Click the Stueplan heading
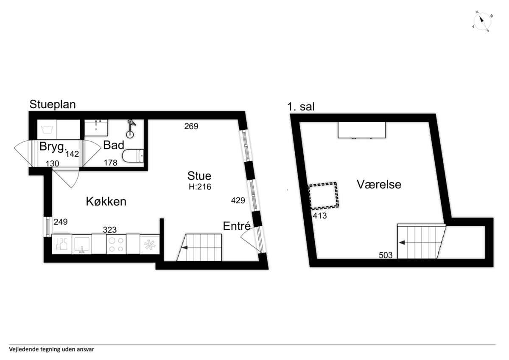(53, 104)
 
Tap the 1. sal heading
(301, 107)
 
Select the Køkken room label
(106, 202)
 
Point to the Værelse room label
(379, 184)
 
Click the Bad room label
(114, 145)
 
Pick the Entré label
(237, 226)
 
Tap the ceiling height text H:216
(200, 187)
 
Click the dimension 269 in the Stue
(191, 126)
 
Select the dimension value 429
(238, 200)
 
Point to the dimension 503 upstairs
(386, 255)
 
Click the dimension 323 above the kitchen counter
(109, 230)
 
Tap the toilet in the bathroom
(133, 156)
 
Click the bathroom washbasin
(96, 128)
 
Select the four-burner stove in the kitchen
(116, 244)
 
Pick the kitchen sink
(82, 244)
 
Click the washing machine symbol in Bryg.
(47, 129)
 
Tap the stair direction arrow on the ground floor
(185, 247)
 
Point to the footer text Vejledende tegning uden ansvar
(52, 349)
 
